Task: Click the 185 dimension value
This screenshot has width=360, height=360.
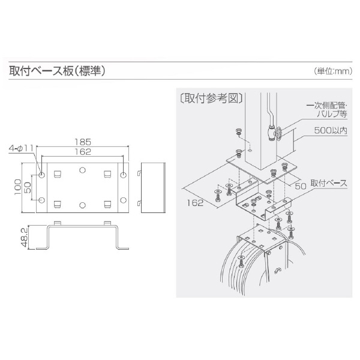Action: [83, 142]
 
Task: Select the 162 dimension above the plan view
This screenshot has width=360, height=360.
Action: [83, 152]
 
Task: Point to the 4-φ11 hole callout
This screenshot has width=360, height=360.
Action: [21, 148]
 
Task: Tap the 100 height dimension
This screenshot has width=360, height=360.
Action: [17, 187]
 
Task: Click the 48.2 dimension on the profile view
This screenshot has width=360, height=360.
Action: [25, 238]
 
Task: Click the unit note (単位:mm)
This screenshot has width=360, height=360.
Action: [333, 71]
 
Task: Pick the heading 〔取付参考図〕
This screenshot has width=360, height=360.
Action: [211, 99]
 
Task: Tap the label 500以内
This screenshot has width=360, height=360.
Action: [331, 131]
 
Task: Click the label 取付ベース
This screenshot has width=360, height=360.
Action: [329, 183]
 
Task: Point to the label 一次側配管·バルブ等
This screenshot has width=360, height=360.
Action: [327, 110]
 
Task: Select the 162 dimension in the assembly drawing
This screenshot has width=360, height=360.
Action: [195, 203]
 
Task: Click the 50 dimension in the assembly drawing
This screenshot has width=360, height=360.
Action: [301, 186]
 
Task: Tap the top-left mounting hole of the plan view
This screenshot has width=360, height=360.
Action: [42, 175]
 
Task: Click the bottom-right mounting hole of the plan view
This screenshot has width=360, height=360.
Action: [123, 200]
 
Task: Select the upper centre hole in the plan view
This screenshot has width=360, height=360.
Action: [82, 170]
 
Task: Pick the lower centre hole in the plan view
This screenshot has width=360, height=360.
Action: [82, 205]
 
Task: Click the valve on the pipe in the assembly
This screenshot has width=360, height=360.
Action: [274, 133]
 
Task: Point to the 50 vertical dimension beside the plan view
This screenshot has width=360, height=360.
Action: [28, 187]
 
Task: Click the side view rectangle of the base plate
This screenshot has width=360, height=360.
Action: [153, 188]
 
